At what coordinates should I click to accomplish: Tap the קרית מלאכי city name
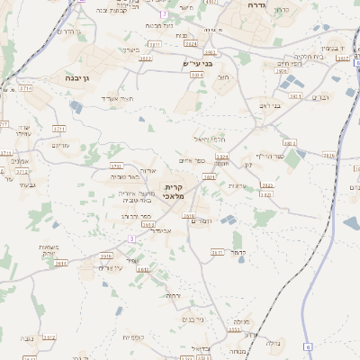pyautogui.click(x=174, y=192)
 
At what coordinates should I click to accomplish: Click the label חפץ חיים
pyautogui.click(x=264, y=64)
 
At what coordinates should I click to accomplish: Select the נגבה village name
pyautogui.click(x=27, y=338)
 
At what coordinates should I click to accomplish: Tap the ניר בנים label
pyautogui.click(x=193, y=319)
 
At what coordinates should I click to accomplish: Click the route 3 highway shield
pyautogui.click(x=131, y=238)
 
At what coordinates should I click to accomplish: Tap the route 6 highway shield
pyautogui.click(x=307, y=346)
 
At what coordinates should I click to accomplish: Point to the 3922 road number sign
pyautogui.click(x=145, y=58)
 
